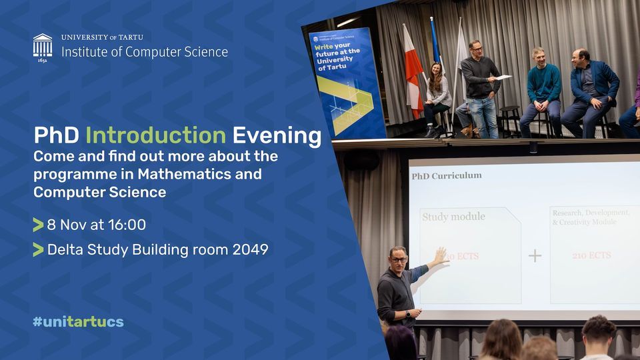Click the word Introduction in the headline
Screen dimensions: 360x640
click(x=155, y=135)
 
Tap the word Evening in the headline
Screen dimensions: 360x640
click(x=276, y=135)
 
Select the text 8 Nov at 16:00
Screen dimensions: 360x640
click(x=96, y=225)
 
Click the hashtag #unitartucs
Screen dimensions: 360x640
click(x=78, y=321)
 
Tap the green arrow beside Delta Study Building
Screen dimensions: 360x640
click(x=38, y=250)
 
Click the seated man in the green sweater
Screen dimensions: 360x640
click(x=543, y=83)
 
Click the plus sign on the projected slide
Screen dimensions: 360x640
click(x=535, y=255)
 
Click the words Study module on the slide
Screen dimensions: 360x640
click(x=453, y=217)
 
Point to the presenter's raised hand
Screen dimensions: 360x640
click(x=441, y=255)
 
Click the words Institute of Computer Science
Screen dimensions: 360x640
click(x=145, y=51)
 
